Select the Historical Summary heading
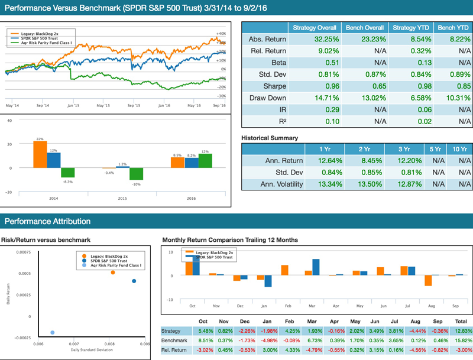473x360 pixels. tap(269, 138)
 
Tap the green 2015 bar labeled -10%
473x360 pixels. tap(137, 174)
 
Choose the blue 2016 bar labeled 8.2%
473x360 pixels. tap(191, 163)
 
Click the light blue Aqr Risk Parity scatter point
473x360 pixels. tap(53, 333)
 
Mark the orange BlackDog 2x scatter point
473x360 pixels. tap(113, 273)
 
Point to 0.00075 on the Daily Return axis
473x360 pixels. tap(23, 252)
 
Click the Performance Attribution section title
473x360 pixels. tap(47, 222)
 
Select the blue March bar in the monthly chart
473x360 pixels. tap(316, 267)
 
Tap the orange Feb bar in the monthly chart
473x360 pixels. tap(284, 270)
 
